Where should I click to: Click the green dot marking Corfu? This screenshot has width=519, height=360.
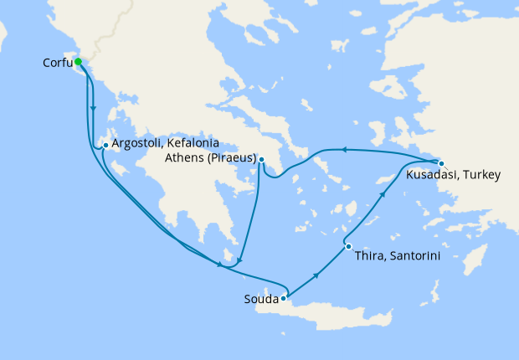pyautogui.click(x=78, y=61)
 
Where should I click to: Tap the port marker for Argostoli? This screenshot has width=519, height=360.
pyautogui.click(x=105, y=146)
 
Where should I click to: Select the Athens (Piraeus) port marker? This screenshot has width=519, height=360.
pyautogui.click(x=262, y=160)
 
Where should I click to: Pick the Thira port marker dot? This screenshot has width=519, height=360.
pyautogui.click(x=348, y=246)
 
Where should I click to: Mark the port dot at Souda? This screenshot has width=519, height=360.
pyautogui.click(x=285, y=297)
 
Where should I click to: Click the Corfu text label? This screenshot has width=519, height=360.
pyautogui.click(x=56, y=63)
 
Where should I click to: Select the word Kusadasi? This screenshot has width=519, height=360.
pyautogui.click(x=433, y=175)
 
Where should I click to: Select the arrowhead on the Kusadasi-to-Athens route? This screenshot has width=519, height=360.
pyautogui.click(x=342, y=149)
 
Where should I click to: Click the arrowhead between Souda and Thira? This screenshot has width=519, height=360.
pyautogui.click(x=316, y=275)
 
